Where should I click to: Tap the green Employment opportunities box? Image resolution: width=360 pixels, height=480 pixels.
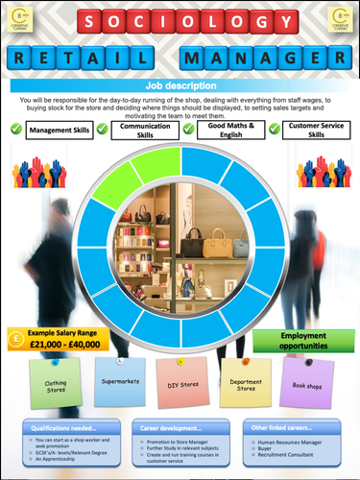pos(303,340)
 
